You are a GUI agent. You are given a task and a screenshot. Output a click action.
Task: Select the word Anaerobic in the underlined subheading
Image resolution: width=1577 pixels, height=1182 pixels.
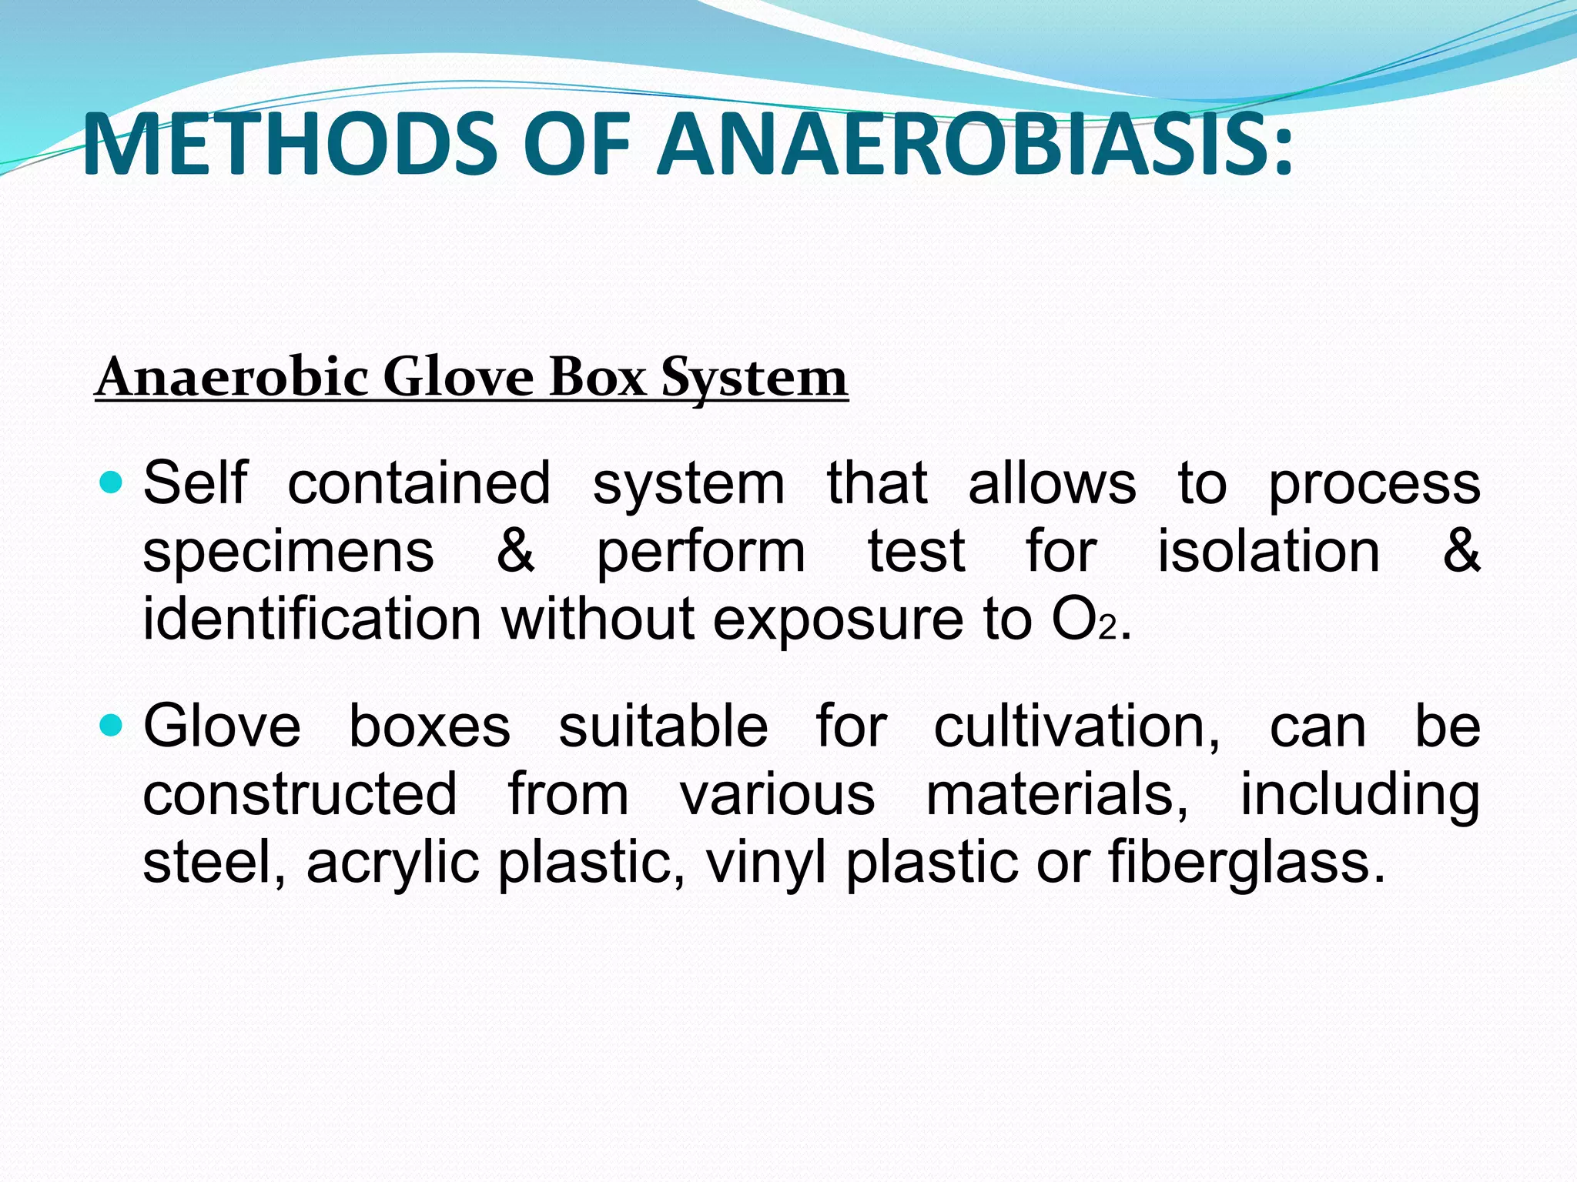coord(232,378)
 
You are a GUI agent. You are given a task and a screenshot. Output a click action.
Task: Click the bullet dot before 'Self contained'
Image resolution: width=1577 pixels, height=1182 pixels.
coord(112,483)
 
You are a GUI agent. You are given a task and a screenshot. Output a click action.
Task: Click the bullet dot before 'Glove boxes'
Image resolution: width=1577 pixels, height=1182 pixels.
coord(112,726)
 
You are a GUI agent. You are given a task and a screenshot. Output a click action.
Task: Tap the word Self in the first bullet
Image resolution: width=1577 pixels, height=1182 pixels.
coord(196,483)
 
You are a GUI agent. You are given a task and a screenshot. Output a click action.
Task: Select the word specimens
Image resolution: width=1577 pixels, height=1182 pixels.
coord(289,552)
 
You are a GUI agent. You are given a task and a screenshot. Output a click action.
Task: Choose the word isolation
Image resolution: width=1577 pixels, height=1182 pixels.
coord(1269,552)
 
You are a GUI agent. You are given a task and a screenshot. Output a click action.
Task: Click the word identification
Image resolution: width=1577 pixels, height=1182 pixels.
coord(312,619)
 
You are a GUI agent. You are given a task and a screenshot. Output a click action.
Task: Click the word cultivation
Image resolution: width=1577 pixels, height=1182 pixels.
coord(1076,726)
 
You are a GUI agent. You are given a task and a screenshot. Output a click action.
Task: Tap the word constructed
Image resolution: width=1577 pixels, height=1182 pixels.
coord(300,794)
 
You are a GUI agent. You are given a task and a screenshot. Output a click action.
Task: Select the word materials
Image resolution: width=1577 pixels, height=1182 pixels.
coord(1056,794)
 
